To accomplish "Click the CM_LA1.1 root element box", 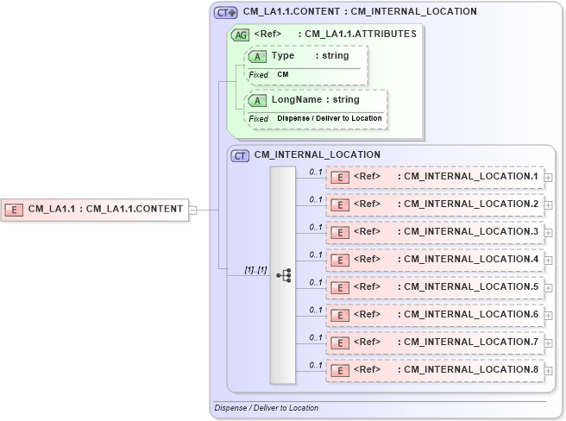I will (95, 209).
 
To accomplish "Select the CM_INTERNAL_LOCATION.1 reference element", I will (435, 177).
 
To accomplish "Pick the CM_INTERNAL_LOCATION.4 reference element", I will (435, 260).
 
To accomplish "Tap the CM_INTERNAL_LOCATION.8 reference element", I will (435, 370).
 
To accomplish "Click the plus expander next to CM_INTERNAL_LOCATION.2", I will (548, 205).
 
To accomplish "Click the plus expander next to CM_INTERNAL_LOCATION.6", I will (548, 316).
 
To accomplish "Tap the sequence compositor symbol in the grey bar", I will (283, 275).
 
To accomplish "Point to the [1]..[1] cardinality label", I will (255, 269).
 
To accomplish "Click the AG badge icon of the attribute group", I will (240, 35).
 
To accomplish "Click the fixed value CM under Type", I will (283, 75).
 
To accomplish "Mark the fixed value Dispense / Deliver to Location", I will (329, 118).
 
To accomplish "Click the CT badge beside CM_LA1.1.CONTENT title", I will (226, 12).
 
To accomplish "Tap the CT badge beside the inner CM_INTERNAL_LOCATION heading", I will (241, 155).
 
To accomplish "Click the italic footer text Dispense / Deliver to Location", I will (266, 408).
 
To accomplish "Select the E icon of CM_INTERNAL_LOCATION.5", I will (340, 287).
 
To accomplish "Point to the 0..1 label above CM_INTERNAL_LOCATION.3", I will (316, 227).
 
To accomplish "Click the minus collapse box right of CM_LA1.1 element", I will (193, 209).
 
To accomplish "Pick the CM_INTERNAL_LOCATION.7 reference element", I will (435, 342).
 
